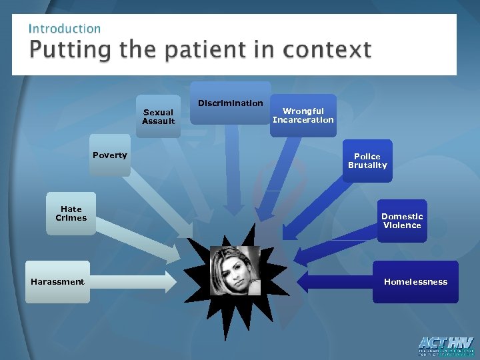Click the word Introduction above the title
point(65,29)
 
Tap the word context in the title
point(327,50)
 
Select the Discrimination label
point(231,103)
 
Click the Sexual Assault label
point(159,117)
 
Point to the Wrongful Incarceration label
point(303,115)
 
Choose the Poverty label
point(110,155)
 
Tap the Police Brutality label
point(367,161)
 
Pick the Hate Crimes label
point(71,213)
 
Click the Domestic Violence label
point(402,221)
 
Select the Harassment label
point(57,282)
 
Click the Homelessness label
point(415,282)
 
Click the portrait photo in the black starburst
point(235,270)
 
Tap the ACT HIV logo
point(445,346)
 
